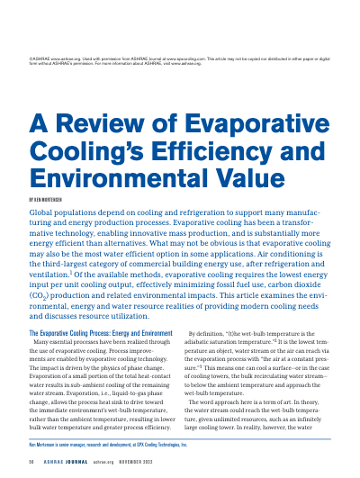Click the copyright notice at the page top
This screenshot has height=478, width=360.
[x=179, y=59]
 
